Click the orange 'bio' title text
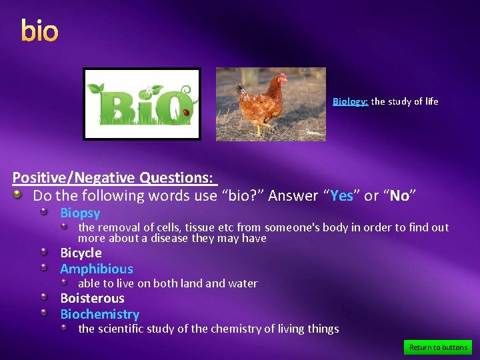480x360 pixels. pos(39,31)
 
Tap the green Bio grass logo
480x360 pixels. pos(141,104)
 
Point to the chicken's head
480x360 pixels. pos(282,79)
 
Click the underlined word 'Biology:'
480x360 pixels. pos(350,101)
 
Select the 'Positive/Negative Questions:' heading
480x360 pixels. pos(113,178)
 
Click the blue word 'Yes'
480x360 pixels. pos(341,196)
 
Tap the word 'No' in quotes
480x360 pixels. pos(399,196)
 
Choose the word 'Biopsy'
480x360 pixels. pos(80,213)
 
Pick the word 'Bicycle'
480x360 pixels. pos(81,253)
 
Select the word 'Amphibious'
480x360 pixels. pos(97,269)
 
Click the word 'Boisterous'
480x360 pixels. pos(92,298)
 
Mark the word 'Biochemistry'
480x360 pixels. pos(99,314)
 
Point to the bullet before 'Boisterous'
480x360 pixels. pos(43,297)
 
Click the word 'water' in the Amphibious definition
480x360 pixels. pos(243,283)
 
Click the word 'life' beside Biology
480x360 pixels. pos(431,101)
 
